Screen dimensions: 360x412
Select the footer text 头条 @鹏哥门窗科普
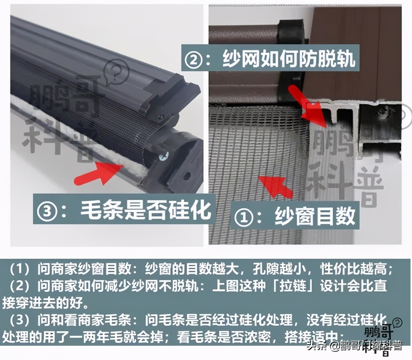pos(354,346)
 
